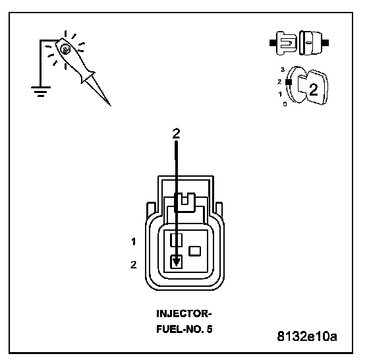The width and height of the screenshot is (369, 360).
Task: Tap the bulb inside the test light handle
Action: click(65, 49)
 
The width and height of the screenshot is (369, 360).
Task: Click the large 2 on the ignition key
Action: click(313, 90)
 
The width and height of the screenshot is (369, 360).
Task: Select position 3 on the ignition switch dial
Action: click(283, 69)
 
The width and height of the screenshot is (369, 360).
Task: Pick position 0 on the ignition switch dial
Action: click(285, 104)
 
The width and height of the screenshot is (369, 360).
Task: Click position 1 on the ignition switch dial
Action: click(280, 94)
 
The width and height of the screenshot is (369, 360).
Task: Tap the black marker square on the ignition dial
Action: click(289, 82)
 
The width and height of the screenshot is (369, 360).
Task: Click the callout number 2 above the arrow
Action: click(177, 133)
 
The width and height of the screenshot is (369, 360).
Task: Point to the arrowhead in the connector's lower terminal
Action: click(177, 262)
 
